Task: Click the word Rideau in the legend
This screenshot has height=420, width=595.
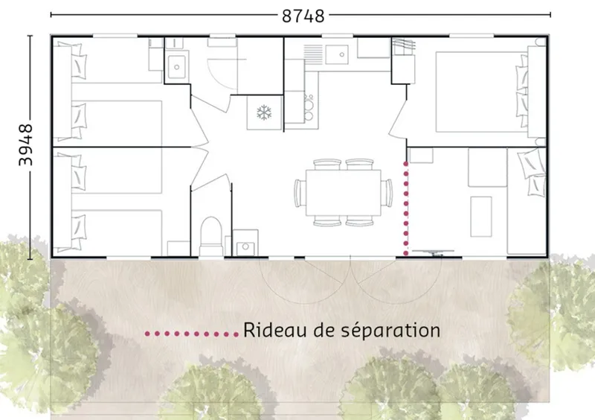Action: click(268, 330)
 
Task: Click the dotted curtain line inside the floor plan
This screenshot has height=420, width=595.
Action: click(405, 209)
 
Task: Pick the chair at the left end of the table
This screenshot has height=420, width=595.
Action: click(300, 192)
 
